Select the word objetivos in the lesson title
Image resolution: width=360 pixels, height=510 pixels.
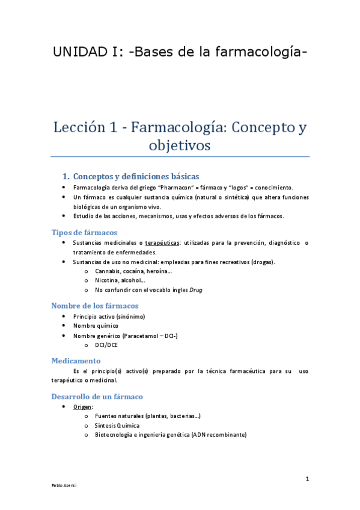pos(180,146)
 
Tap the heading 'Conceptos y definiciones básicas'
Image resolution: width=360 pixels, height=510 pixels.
pos(135,177)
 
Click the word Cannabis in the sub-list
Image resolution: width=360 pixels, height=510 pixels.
pos(109,271)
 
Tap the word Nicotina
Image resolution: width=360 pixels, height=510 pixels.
pos(108,280)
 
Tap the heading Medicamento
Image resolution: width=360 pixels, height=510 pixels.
pos(76,361)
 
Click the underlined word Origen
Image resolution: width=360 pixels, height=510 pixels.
pos(82,407)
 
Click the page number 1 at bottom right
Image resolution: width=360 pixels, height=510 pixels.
pos(307,479)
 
